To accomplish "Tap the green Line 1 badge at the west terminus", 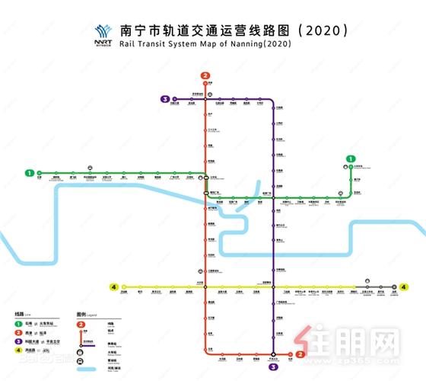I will [x=30, y=173].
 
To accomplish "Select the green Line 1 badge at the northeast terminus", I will [x=351, y=158].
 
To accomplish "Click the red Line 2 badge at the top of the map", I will [x=205, y=75].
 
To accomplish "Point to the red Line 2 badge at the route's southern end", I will [x=300, y=354].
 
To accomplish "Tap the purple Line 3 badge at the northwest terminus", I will [x=164, y=99].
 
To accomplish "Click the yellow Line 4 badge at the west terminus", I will [x=113, y=287].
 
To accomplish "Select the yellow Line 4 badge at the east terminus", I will [x=404, y=287].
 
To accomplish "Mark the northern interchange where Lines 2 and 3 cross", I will [x=205, y=99].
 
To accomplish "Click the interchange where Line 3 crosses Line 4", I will [x=273, y=287].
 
